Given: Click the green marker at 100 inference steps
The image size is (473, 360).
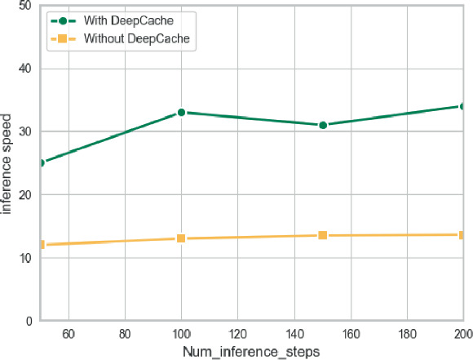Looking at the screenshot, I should tap(181, 112).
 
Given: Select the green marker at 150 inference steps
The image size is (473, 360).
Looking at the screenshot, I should tap(323, 125).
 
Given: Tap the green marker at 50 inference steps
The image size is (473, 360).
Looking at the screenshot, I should tap(41, 162).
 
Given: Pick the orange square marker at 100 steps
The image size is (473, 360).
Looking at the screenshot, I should tap(181, 238).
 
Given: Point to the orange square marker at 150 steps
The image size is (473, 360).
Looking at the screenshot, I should tap(323, 235).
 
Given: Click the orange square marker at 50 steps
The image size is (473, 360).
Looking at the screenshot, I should tap(41, 244).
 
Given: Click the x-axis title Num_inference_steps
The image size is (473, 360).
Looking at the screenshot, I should tap(252, 352).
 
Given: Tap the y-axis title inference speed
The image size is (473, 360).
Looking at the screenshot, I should tap(7, 163).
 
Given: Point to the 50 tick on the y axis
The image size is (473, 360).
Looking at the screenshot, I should tap(25, 6).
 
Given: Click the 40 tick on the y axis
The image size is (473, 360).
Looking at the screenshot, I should tap(25, 69).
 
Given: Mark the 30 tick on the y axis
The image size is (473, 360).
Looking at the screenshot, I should tap(25, 131).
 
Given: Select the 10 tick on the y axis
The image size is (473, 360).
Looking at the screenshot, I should tap(25, 258).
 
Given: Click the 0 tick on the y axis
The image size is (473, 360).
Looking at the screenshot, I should tap(29, 321).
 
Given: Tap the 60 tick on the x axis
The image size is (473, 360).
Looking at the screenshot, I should tap(69, 333).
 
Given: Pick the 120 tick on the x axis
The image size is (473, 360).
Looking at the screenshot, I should tap(238, 333).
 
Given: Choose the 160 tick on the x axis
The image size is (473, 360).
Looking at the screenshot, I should tap(351, 333).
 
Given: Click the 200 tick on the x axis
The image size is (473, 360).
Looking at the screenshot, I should tap(462, 333).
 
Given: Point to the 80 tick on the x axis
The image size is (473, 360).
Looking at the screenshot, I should tap(125, 333).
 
